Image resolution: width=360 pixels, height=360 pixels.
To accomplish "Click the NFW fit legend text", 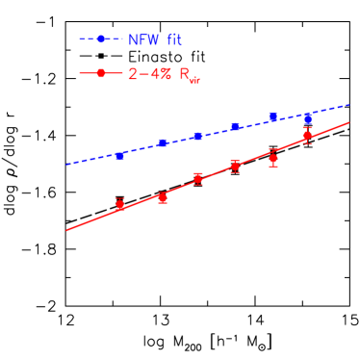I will point(154,39).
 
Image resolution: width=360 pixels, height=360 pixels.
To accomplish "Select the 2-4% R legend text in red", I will point(163,74).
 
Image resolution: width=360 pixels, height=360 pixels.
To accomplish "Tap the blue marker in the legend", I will point(101,39).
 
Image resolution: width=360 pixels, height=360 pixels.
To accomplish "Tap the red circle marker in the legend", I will point(101,73).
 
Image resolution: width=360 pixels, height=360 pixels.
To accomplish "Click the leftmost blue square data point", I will point(119,155).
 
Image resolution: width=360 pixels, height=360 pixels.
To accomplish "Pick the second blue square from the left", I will point(163,143).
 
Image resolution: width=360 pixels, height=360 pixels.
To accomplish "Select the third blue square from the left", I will point(198,136).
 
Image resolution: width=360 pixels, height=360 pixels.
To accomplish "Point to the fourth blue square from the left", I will point(235,127).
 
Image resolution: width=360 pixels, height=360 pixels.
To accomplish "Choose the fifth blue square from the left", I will point(273,117).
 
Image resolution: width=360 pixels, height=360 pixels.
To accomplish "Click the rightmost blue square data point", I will point(307,118).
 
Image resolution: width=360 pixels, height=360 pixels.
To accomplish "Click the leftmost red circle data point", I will point(119,203).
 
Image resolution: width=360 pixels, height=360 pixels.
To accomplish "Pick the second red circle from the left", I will point(163,197).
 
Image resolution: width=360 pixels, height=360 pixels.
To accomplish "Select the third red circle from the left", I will point(198,178).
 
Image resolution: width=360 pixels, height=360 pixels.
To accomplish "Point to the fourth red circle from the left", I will point(235,167).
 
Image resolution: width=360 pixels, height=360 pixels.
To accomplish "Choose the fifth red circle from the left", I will point(273,159).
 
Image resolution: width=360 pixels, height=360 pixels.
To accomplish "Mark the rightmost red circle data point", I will point(307,136).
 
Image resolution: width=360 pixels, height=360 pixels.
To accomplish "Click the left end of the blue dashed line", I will point(65,165).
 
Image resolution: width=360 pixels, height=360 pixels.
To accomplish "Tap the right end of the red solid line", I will point(348,122).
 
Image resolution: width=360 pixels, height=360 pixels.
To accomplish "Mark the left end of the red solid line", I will point(65,230).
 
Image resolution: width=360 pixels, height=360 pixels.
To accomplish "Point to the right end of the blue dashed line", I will point(348,104).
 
